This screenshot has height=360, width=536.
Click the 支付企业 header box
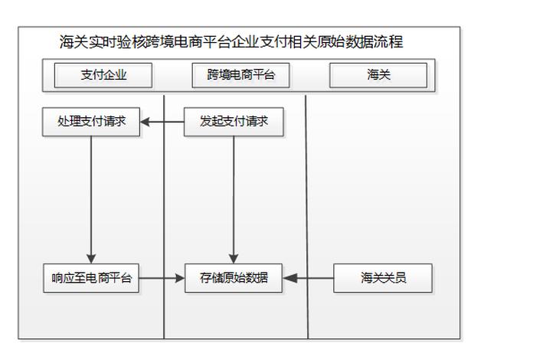(103, 75)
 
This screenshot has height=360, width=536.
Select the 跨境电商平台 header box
(240, 75)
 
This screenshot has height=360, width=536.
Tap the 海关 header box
(378, 75)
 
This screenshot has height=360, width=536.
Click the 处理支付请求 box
(91, 122)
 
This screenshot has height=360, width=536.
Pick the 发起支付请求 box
(234, 122)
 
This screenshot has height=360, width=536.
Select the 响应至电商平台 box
(91, 278)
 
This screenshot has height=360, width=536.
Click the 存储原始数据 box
(234, 278)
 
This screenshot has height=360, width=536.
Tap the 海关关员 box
(383, 278)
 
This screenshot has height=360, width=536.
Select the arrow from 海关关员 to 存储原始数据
(310, 278)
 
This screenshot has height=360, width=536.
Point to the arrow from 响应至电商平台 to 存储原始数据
(162, 278)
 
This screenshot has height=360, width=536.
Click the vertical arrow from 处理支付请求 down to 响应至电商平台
(91, 199)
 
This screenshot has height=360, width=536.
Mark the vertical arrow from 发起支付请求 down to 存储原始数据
(234, 199)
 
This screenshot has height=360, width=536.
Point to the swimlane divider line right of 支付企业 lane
(165, 214)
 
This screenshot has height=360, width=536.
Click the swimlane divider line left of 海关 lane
(308, 214)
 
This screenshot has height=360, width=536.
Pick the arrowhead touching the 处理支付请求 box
(145, 122)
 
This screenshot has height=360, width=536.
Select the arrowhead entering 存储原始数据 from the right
(290, 278)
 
